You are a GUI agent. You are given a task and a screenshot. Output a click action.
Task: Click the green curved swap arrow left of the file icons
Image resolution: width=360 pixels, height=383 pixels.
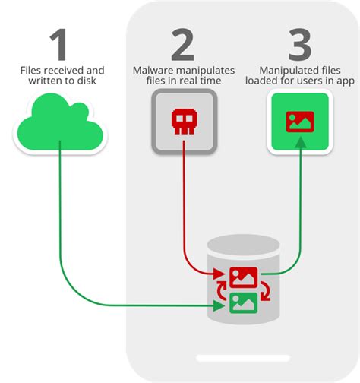tap(222, 291)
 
